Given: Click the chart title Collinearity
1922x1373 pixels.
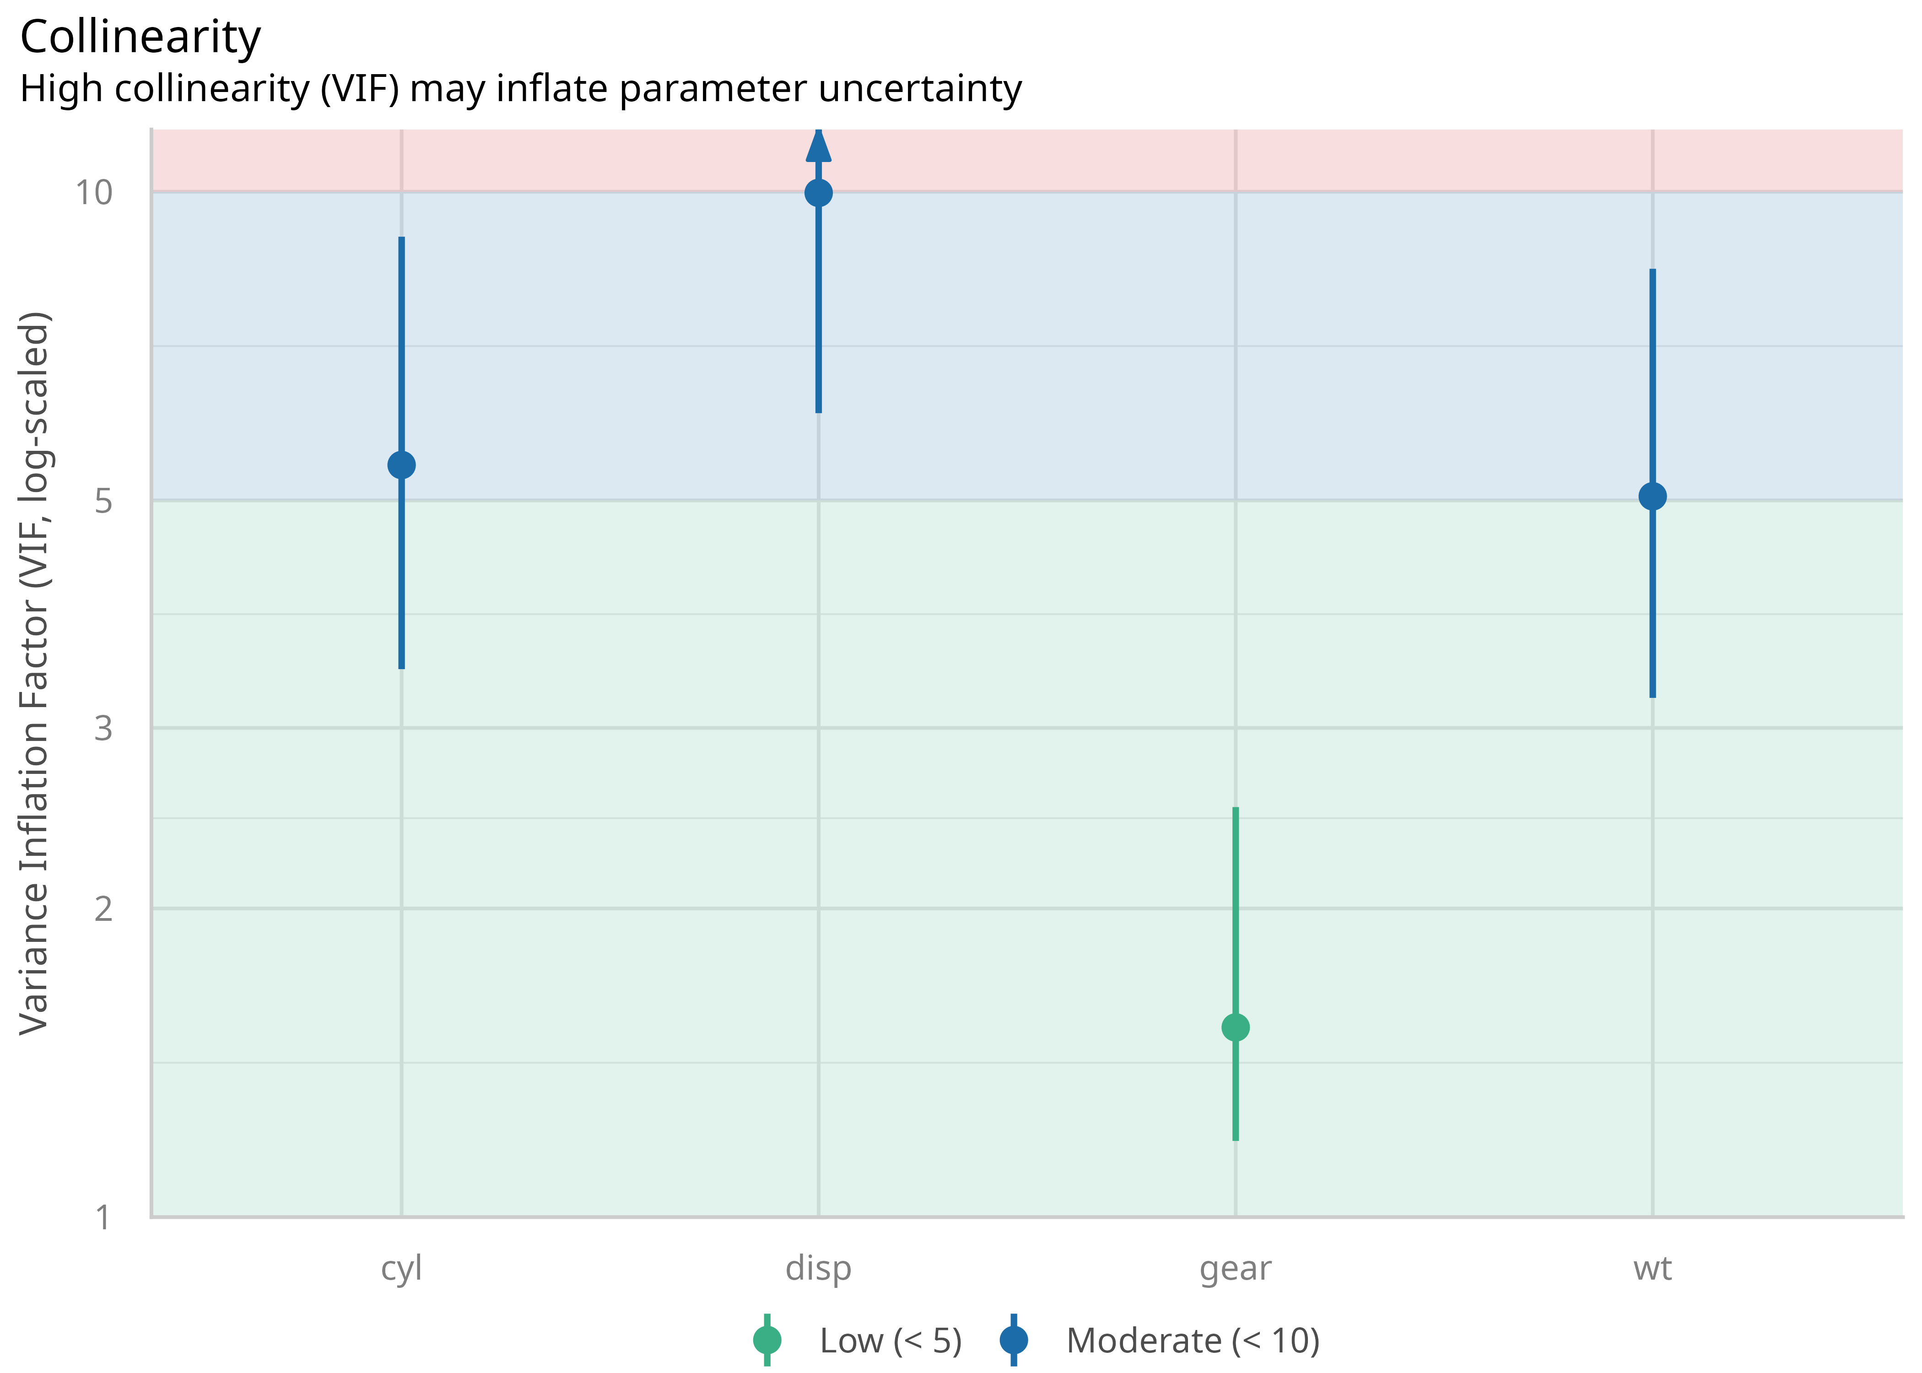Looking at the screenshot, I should click(140, 38).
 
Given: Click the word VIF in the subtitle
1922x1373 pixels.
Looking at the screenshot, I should click(359, 89).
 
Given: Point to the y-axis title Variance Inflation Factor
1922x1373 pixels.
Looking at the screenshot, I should click(34, 673).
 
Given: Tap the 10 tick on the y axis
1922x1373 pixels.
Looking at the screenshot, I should click(94, 193).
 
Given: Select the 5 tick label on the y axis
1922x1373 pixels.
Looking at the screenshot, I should click(103, 501).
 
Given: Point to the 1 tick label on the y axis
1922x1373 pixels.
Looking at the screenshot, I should click(103, 1217).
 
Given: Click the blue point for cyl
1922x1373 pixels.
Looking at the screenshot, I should click(401, 465).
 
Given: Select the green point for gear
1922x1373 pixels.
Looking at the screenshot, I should click(1236, 1027).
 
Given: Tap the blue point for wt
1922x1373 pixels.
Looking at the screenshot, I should click(1652, 496).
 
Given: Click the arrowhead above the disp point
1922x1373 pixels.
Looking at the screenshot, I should click(818, 146).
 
